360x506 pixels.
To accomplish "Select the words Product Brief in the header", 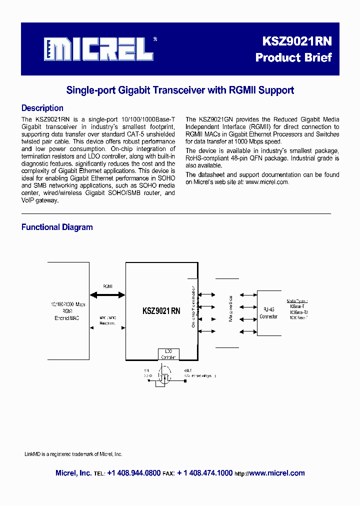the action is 293,57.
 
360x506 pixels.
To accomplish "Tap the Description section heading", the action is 42,108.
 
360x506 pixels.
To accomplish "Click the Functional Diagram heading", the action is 57,227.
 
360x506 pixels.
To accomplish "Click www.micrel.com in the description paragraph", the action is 267,182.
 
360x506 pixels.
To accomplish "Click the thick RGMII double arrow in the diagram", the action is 107,295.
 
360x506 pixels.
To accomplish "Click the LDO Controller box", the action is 168,354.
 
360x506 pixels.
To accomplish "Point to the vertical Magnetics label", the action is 230,308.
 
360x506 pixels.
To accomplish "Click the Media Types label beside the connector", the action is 297,301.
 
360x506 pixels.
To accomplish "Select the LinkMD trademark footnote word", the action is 33,454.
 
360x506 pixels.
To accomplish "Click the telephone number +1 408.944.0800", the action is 133,473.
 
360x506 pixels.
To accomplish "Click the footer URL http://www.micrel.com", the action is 269,473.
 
